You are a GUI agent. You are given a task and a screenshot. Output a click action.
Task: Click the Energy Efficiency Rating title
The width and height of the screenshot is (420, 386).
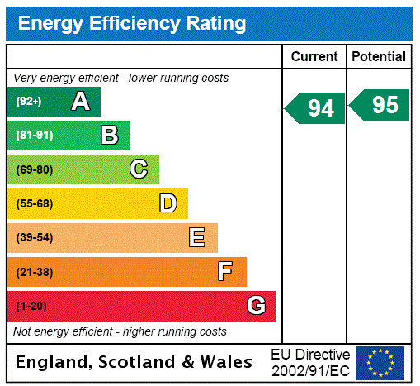pos(132,23)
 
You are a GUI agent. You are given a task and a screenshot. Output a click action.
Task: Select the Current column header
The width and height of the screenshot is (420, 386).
pos(314,56)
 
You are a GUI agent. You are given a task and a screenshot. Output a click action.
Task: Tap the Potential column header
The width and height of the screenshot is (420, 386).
pos(379,56)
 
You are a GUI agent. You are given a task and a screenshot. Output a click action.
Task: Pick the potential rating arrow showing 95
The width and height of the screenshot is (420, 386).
pos(380,105)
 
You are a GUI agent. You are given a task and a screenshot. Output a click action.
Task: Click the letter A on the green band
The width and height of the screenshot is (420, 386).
pos(80,102)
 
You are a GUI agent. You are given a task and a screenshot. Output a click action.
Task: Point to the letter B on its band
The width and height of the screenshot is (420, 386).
pos(109,136)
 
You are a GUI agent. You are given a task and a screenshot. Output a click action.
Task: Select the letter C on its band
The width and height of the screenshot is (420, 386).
pos(139,169)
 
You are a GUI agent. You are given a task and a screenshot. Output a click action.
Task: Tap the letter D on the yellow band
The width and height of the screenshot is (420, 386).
pos(168,203)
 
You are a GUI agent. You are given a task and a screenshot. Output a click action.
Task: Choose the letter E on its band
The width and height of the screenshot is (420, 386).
pos(197,238)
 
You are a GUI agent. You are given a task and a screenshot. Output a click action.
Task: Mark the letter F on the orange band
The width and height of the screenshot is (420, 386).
pos(225,272)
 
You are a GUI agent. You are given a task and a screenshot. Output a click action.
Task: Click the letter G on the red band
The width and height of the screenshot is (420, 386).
pos(256,306)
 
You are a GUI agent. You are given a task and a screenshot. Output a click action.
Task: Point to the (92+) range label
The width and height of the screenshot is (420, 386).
pos(29,102)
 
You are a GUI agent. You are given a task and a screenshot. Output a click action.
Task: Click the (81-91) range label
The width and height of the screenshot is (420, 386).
pos(34,136)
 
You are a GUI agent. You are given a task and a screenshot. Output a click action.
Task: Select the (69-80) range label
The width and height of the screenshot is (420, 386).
pos(34,169)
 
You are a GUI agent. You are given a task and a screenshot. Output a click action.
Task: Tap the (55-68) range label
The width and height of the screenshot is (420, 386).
pos(34,203)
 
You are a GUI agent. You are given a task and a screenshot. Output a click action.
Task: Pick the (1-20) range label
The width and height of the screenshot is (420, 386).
pos(31,306)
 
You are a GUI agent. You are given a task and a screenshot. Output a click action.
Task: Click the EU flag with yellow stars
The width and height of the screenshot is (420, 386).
pos(380,362)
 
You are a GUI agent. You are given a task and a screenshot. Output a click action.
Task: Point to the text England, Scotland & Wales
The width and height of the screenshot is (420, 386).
pos(134,362)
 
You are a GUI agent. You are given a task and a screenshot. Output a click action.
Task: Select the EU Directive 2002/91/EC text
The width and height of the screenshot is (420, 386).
pos(310,362)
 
